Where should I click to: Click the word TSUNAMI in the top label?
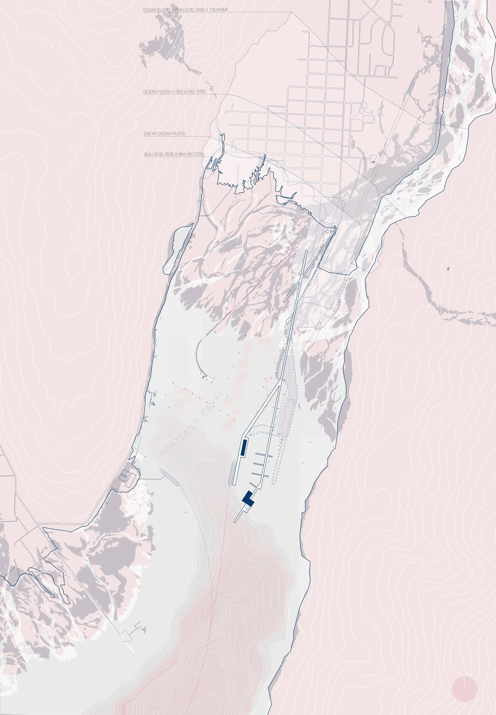pyautogui.click(x=218, y=10)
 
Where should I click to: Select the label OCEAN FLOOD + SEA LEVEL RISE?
pyautogui.click(x=174, y=92)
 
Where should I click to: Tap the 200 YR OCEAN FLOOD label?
pyautogui.click(x=164, y=134)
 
